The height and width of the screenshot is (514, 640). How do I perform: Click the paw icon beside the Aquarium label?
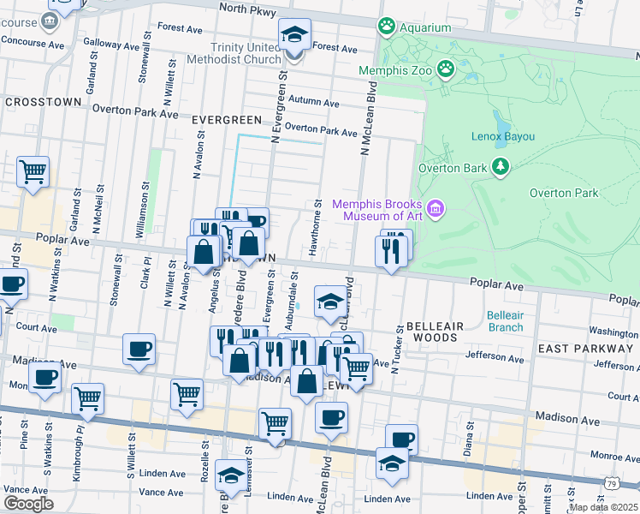pyautogui.click(x=387, y=27)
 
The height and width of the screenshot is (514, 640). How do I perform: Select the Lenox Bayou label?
pyautogui.click(x=502, y=136)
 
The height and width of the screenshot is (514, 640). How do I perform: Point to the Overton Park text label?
pyautogui.click(x=563, y=193)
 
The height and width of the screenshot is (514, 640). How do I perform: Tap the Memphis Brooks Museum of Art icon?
pyautogui.click(x=436, y=209)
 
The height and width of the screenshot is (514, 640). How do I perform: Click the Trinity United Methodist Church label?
pyautogui.click(x=247, y=53)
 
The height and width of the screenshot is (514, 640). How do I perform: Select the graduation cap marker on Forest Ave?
pyautogui.click(x=294, y=36)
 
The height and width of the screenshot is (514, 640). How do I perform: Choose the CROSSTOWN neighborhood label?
pyautogui.click(x=43, y=101)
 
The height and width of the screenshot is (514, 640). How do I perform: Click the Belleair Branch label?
pyautogui.click(x=505, y=321)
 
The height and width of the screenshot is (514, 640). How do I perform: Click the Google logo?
pyautogui.click(x=28, y=504)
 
